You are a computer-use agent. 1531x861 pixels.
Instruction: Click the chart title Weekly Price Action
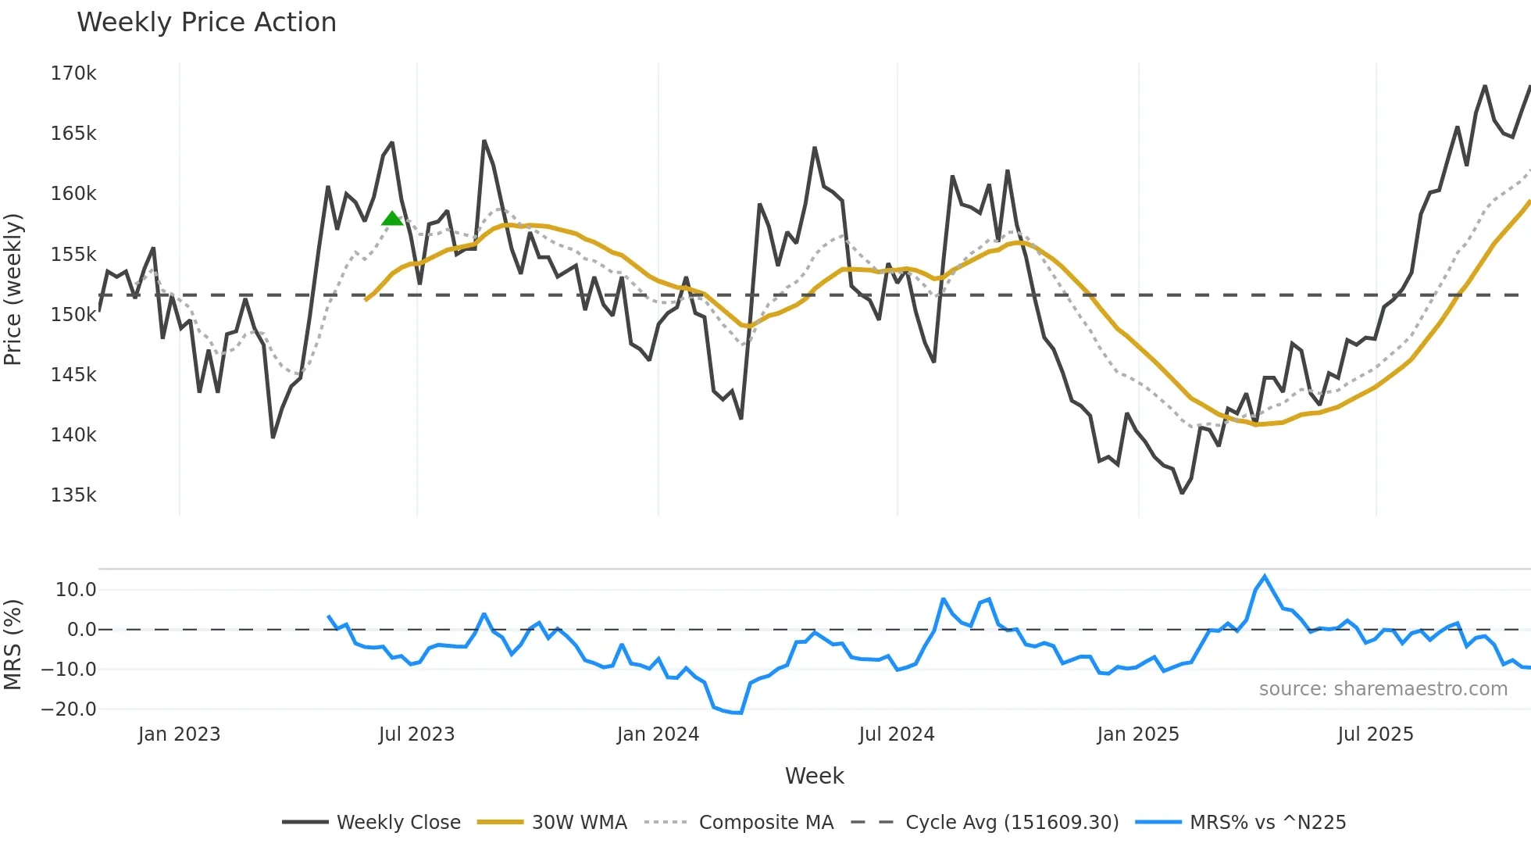point(206,23)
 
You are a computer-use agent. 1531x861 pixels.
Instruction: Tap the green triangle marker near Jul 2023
point(392,219)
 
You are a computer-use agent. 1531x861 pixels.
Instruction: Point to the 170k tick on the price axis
point(73,73)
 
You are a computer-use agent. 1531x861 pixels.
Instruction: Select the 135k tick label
point(73,495)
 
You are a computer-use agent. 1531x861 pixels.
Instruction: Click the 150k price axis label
point(73,315)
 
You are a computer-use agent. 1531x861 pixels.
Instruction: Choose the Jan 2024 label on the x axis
point(658,734)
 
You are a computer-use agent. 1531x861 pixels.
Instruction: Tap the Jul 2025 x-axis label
point(1376,734)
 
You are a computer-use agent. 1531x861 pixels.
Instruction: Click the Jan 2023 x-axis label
point(179,734)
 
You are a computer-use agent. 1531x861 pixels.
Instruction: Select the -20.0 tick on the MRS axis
point(69,709)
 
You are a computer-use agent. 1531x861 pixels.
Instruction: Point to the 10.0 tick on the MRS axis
point(76,590)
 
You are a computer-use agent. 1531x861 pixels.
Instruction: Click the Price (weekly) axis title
point(13,289)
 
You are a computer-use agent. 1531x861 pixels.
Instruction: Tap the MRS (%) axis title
point(13,645)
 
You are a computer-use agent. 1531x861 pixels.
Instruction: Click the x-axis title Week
point(814,776)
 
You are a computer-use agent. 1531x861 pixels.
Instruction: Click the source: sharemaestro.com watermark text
point(1383,689)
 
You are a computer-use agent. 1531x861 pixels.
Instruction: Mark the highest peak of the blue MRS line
point(1265,577)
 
